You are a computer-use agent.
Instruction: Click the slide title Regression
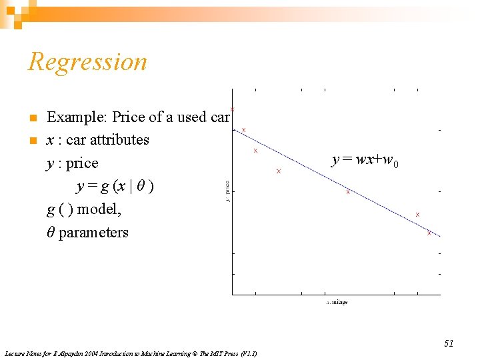(87, 62)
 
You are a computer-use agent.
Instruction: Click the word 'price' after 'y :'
(82, 163)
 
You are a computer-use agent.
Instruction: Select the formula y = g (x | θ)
(115, 187)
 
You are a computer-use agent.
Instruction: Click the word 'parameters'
(93, 233)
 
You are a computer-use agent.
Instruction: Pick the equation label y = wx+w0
(366, 161)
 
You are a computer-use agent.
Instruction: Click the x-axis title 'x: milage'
(337, 303)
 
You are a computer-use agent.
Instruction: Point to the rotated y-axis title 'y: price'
(228, 191)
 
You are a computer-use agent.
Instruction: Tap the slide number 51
(449, 343)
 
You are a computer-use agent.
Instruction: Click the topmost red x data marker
(232, 109)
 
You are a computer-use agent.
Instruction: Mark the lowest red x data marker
(429, 233)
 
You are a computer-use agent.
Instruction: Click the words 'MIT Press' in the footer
(212, 353)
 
